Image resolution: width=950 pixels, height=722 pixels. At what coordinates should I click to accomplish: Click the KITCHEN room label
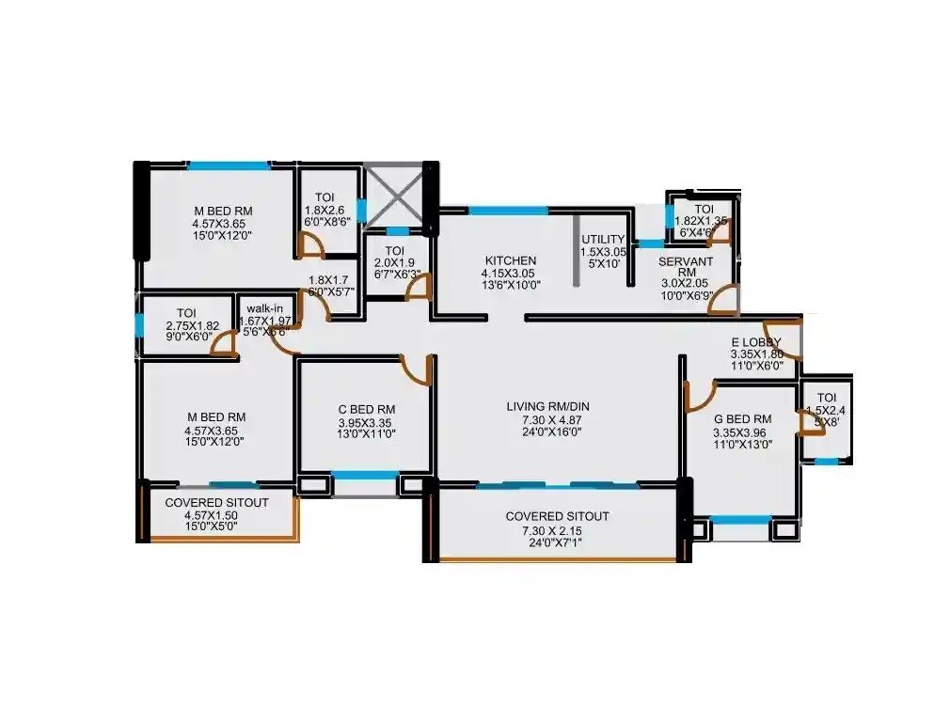[511, 260]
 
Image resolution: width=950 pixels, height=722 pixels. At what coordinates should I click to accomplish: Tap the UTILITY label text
[603, 240]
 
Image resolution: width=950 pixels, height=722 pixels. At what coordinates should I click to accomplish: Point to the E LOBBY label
[756, 341]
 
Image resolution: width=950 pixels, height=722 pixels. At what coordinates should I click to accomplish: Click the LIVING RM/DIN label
[547, 406]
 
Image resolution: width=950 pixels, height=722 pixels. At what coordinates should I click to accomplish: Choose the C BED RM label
[366, 409]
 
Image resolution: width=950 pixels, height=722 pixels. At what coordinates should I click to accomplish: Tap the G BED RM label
[742, 418]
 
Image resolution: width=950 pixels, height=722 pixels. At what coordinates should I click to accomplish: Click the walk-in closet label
[264, 308]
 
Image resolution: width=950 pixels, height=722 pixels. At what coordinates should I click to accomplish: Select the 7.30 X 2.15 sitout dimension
[556, 530]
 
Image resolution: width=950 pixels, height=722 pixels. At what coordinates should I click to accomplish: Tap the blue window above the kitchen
[508, 210]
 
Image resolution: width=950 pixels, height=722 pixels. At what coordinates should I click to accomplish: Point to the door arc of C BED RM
[416, 369]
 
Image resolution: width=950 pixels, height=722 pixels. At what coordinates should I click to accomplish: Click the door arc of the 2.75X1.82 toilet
[222, 344]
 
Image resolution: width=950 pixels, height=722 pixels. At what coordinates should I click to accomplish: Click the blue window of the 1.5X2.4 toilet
[827, 461]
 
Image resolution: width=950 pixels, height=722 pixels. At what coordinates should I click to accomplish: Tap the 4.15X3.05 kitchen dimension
[511, 274]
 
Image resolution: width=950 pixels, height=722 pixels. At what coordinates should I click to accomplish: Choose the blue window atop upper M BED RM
[229, 166]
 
